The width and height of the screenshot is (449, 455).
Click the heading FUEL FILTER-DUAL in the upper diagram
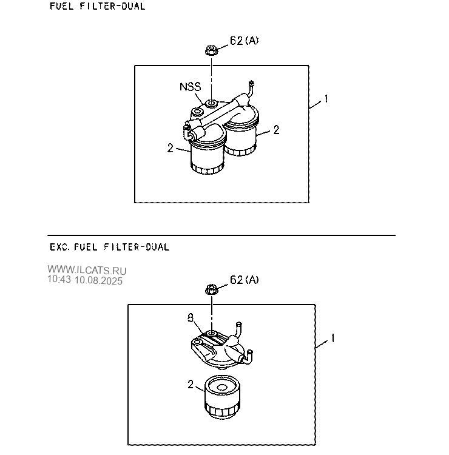click(98, 6)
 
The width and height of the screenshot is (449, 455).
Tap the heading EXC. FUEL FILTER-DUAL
click(109, 247)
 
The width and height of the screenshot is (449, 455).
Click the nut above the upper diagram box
click(211, 50)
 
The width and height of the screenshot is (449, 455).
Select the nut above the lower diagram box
click(211, 290)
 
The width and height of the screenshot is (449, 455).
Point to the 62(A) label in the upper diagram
click(244, 41)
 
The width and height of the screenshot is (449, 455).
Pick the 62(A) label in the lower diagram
click(244, 280)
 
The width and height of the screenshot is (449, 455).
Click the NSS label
click(190, 87)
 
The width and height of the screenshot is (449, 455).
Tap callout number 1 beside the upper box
click(326, 99)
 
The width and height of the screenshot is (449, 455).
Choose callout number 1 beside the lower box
click(333, 338)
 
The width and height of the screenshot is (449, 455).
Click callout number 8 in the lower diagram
click(191, 318)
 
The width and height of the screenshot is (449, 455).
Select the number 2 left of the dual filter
click(170, 148)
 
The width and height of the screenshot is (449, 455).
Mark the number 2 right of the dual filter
click(276, 130)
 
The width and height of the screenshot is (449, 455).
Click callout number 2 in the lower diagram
click(191, 385)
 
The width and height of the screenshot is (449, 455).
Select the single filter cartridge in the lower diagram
click(222, 397)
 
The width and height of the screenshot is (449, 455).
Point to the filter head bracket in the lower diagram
click(221, 348)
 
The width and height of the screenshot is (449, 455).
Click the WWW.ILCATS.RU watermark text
click(87, 270)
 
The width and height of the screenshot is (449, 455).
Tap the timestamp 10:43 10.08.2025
click(85, 280)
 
